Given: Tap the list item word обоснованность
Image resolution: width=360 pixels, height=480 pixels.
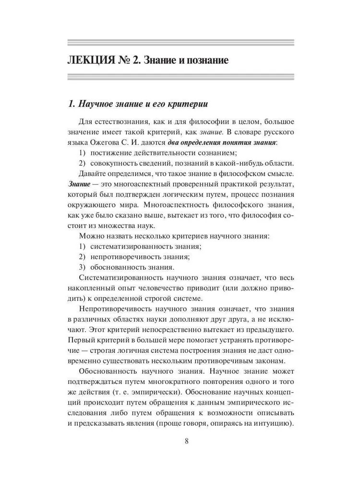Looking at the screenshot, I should (119, 267).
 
